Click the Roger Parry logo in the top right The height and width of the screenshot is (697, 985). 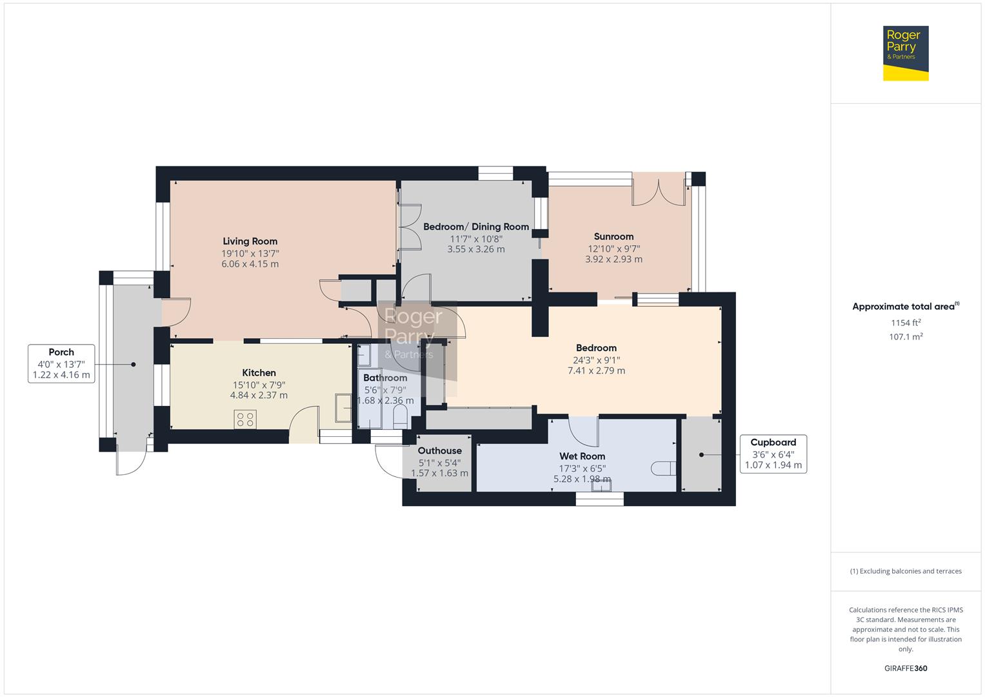point(905,53)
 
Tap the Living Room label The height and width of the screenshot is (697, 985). point(250,241)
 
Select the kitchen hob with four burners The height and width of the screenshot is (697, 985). point(245,419)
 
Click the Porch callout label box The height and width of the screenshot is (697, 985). point(61,363)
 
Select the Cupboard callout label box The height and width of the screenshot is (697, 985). point(773,454)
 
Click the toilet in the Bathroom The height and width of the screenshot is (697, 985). point(400,416)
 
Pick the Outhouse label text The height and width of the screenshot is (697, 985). point(439,450)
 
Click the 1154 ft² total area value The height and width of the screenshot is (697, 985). point(905,323)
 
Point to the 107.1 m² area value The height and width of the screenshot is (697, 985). point(905,337)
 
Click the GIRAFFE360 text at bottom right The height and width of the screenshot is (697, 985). point(905,668)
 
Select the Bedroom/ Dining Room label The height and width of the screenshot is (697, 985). point(476,227)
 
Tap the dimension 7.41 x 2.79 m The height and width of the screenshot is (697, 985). point(596,370)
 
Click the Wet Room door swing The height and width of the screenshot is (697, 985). point(584,431)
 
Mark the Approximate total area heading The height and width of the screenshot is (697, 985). point(905,307)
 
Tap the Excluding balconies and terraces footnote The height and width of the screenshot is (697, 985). point(905,571)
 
